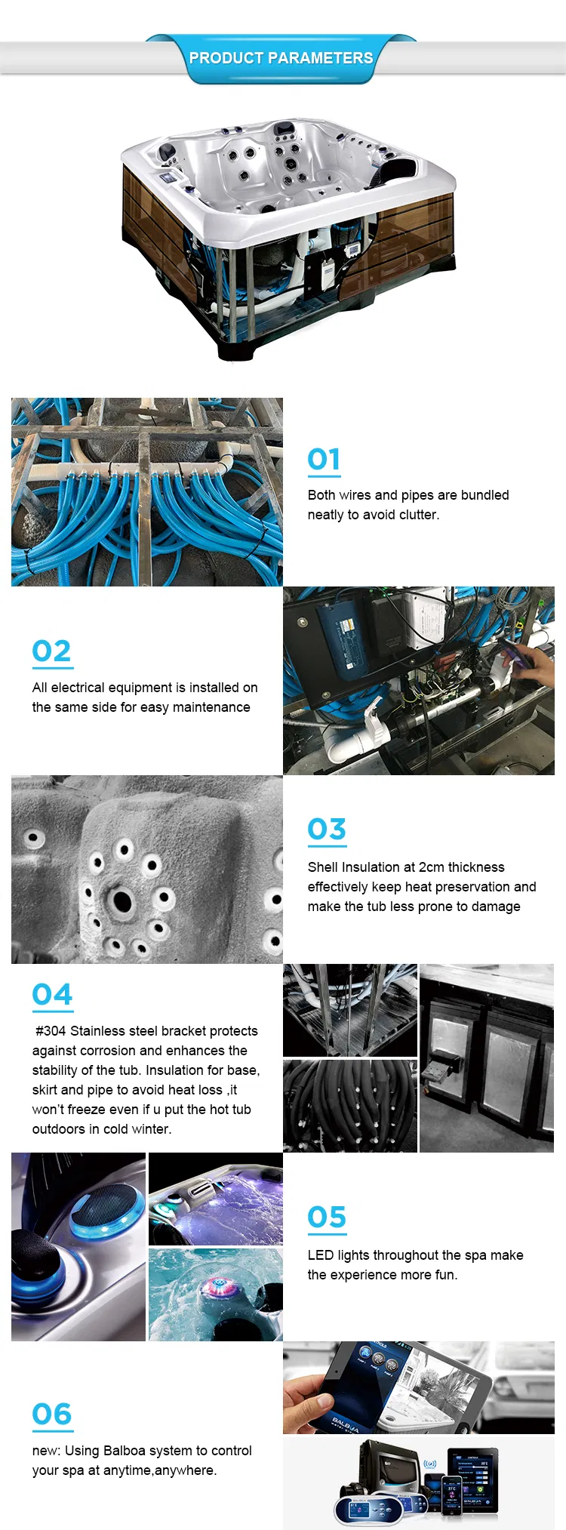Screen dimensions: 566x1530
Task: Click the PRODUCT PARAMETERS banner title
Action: pos(281,58)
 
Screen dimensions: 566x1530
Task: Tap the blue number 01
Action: pos(324,459)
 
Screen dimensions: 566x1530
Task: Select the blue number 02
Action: pos(51,651)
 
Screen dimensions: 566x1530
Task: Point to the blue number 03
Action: pos(327,829)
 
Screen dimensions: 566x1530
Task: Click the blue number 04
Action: pos(52,995)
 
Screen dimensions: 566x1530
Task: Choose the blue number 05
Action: pos(327,1217)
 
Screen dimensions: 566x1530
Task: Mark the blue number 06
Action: pos(51,1414)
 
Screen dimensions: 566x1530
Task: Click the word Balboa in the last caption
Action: pos(125,1451)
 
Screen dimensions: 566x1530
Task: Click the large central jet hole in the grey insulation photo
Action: pos(122,900)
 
